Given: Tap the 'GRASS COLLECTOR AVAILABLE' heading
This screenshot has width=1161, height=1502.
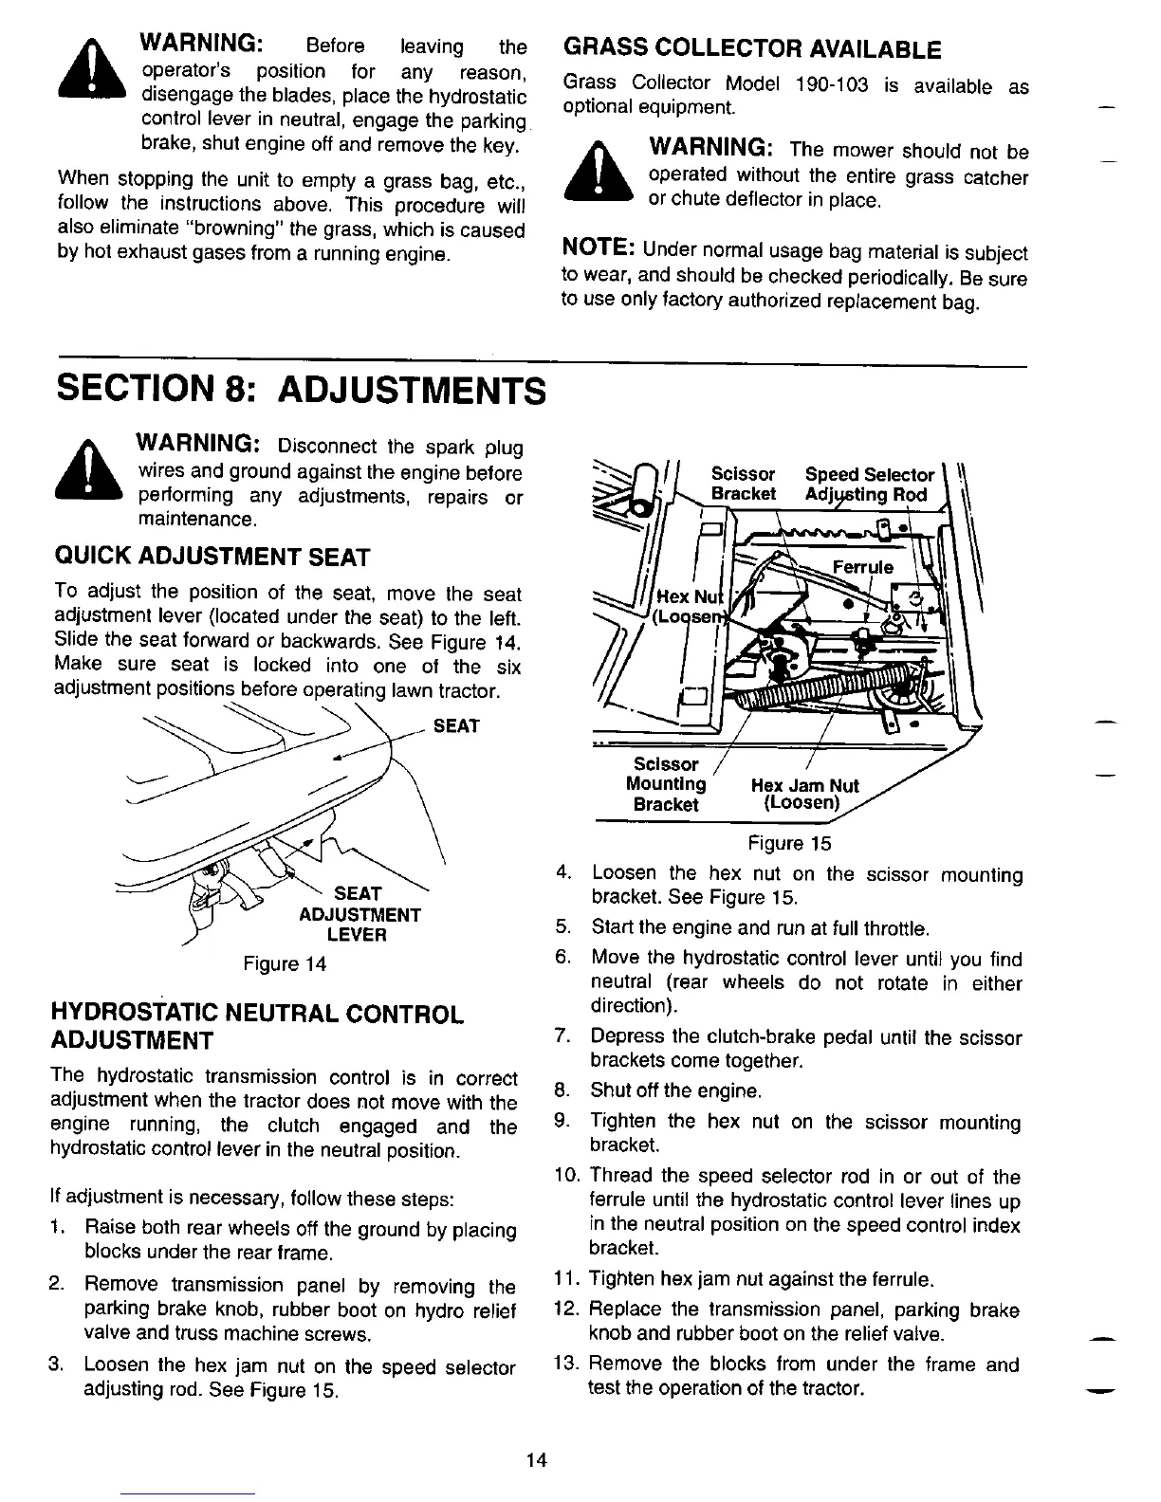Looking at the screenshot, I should point(751,48).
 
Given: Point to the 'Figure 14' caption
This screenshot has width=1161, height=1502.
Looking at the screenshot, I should point(285,964).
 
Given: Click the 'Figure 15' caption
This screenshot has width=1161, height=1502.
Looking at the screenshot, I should point(788,843).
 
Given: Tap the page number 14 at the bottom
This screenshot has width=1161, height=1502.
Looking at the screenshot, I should point(537,1459).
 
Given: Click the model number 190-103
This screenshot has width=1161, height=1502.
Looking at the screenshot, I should point(832,85).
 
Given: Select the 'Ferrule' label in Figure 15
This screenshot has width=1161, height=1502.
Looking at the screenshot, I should point(861,567).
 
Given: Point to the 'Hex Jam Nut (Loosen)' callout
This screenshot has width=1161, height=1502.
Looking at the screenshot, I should point(804,794).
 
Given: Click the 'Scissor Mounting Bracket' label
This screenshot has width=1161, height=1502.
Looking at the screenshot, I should point(666,784).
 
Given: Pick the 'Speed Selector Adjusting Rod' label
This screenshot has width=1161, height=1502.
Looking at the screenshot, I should point(868,485).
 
